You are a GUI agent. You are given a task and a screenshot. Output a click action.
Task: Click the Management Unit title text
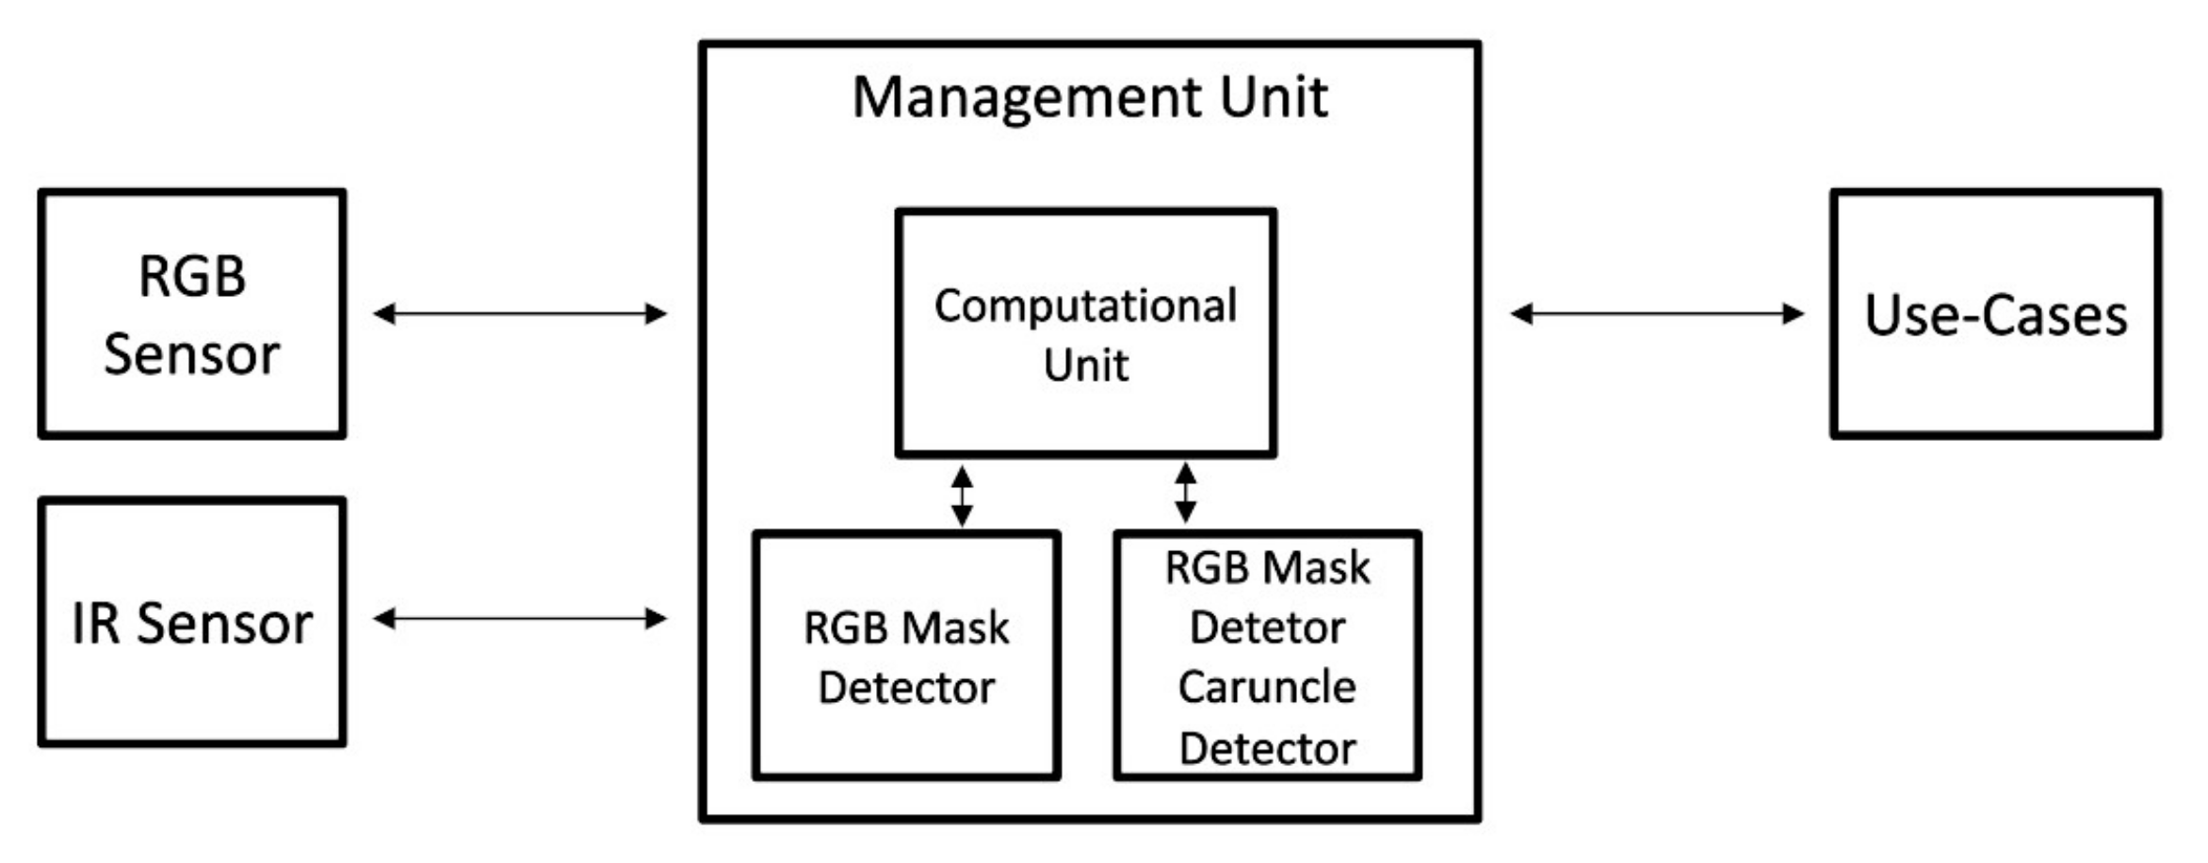pyautogui.click(x=1089, y=97)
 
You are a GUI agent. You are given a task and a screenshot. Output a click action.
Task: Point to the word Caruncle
pyautogui.click(x=1266, y=687)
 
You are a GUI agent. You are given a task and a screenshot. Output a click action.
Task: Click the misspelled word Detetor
pyautogui.click(x=1266, y=627)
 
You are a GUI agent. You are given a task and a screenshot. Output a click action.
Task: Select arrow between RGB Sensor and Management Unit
pyautogui.click(x=519, y=314)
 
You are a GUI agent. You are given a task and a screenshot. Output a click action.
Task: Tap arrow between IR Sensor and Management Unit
pyautogui.click(x=519, y=619)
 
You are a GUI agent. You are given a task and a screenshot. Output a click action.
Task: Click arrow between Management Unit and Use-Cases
pyautogui.click(x=1656, y=314)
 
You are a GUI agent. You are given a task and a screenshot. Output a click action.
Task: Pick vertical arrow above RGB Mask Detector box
pyautogui.click(x=961, y=496)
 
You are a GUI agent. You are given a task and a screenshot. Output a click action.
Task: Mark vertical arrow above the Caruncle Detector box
pyautogui.click(x=1185, y=493)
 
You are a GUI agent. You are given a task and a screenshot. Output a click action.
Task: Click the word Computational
pyautogui.click(x=1085, y=306)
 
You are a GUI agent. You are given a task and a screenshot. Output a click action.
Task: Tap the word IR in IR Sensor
pyautogui.click(x=96, y=624)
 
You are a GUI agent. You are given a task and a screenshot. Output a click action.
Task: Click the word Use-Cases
pyautogui.click(x=1995, y=316)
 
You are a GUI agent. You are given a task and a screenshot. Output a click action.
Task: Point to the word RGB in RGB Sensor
pyautogui.click(x=192, y=277)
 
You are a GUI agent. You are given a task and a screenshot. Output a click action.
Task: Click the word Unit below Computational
pyautogui.click(x=1085, y=366)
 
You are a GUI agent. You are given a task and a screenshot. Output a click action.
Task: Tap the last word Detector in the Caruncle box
pyautogui.click(x=1266, y=749)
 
